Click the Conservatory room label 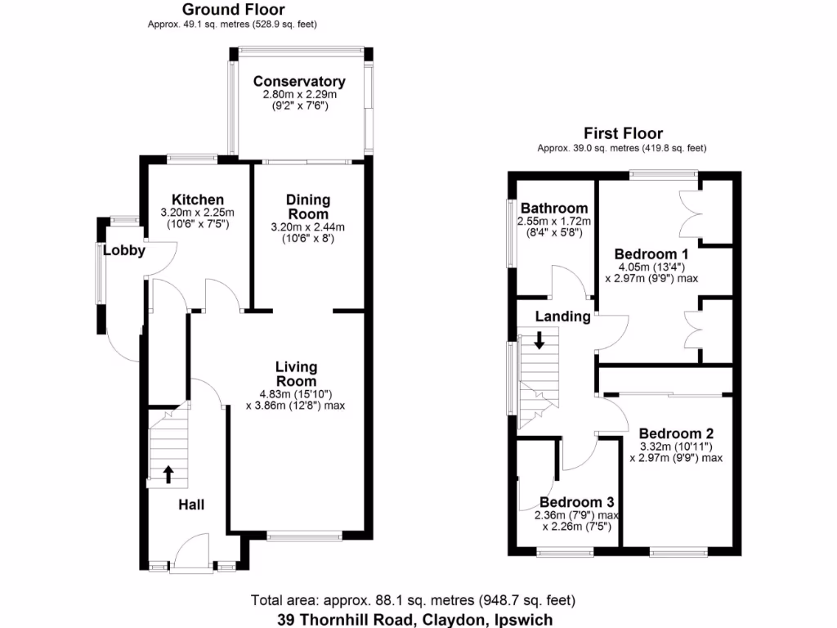coord(298,82)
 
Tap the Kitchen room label coord(197,200)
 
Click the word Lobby coord(124,251)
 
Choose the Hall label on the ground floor coord(191,505)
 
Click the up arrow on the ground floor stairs coord(168,473)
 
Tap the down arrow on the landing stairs coord(539,339)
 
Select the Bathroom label coord(554,208)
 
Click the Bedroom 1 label coord(646,253)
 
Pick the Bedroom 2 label coord(677,433)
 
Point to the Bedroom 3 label coord(576,502)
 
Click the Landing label coord(562,316)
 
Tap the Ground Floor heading coord(233,10)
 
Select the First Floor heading coord(623,133)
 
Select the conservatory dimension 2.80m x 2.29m coord(299,95)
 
